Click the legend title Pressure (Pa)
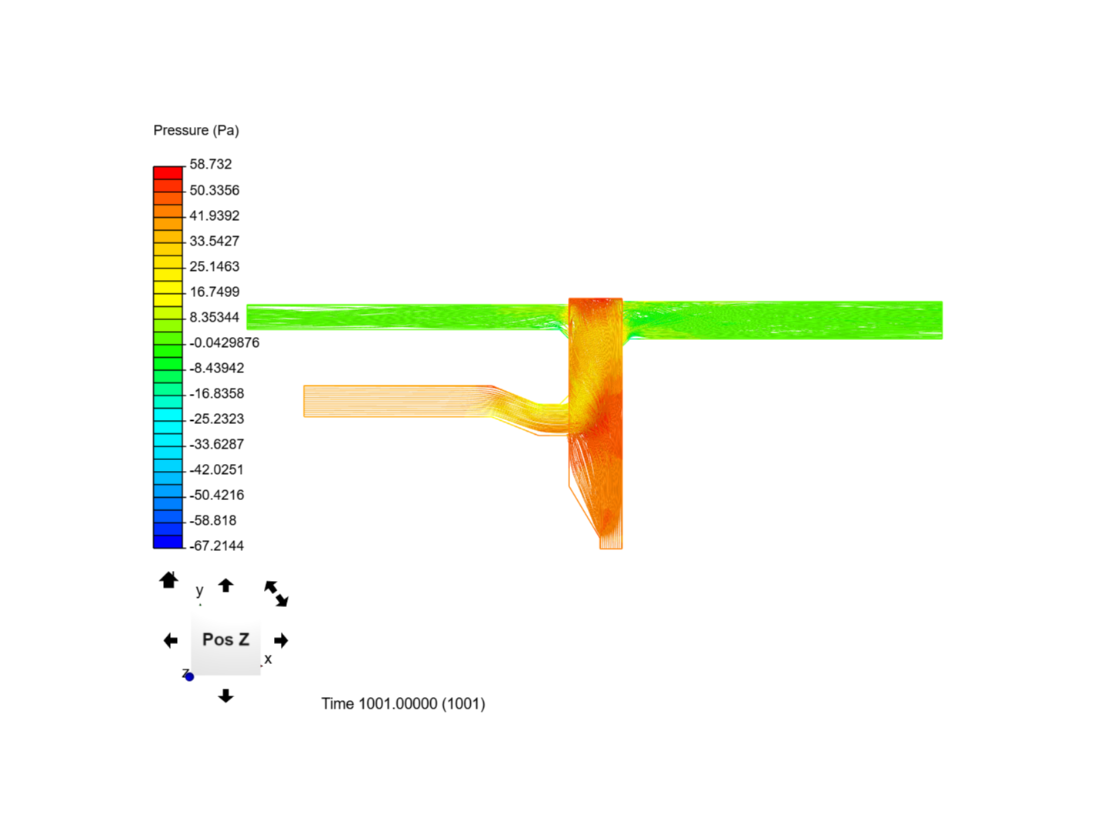point(196,130)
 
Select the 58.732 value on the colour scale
point(211,164)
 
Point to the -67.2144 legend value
point(216,546)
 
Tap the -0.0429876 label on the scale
point(225,342)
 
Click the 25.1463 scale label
point(215,266)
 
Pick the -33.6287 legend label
point(216,444)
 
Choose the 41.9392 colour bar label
point(215,215)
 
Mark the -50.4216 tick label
point(216,495)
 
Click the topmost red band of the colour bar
point(168,173)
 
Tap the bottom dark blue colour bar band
point(168,542)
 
